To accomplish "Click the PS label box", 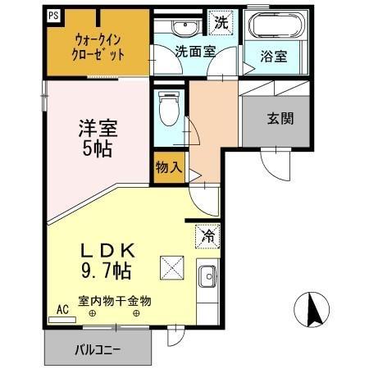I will [x=53, y=15].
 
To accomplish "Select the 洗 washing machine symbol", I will [x=221, y=21].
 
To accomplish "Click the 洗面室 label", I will [x=195, y=50].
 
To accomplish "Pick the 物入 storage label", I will [x=168, y=167].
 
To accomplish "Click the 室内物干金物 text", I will [x=115, y=300].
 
